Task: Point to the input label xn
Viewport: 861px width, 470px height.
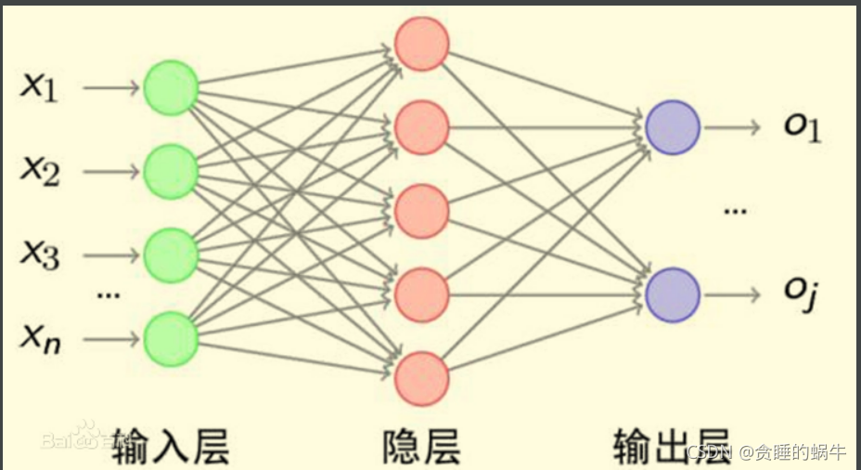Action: (41, 337)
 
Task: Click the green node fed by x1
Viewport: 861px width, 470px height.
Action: (171, 88)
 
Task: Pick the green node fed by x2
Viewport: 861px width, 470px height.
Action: (171, 172)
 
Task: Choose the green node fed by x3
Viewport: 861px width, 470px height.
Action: (171, 255)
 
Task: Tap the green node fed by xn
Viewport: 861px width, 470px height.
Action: (171, 338)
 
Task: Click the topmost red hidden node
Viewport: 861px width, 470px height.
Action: (422, 44)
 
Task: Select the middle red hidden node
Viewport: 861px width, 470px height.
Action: (422, 211)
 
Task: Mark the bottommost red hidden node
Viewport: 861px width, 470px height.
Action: (422, 378)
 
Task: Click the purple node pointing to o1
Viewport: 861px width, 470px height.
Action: (673, 127)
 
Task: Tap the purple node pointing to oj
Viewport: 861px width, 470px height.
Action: (673, 295)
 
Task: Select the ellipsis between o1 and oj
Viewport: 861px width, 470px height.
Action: (735, 212)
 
